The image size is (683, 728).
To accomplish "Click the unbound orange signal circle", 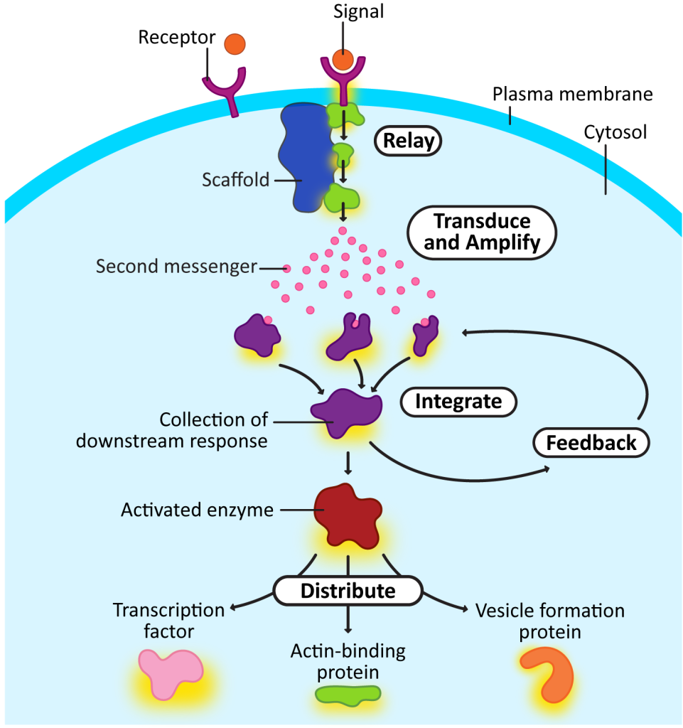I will click(235, 44).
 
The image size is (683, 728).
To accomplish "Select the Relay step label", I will click(408, 141).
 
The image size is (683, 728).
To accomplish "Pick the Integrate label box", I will click(458, 402).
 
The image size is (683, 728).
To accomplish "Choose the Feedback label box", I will click(591, 443).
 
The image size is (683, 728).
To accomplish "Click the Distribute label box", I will click(348, 590).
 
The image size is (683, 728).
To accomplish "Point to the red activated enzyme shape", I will click(347, 515).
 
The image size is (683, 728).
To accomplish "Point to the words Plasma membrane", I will click(573, 94).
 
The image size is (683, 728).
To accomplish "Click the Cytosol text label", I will click(615, 132).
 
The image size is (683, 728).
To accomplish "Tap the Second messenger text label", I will click(176, 267).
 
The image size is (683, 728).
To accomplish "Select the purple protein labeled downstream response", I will click(345, 412).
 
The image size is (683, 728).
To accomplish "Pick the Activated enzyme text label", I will click(197, 510).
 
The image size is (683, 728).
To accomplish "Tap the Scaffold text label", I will click(235, 180).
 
